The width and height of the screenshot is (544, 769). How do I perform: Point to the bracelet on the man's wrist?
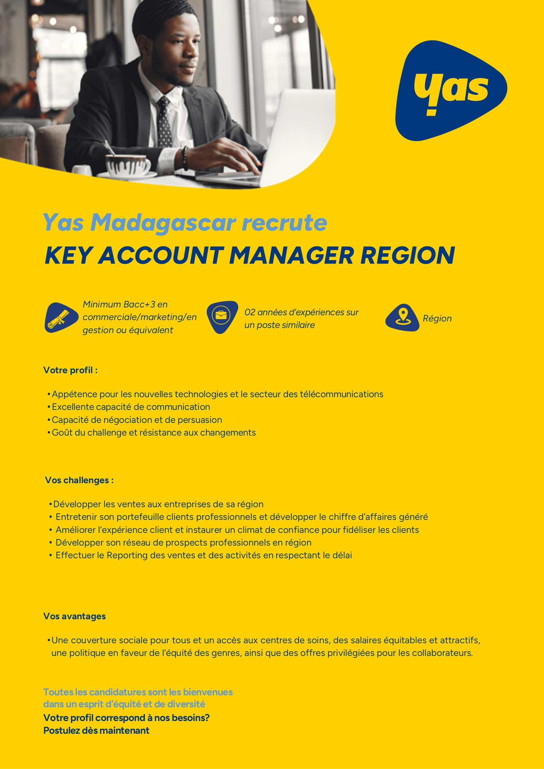[x=185, y=158]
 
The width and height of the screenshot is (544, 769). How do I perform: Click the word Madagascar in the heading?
[x=163, y=223]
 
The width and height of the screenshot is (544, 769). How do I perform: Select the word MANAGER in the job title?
[x=292, y=256]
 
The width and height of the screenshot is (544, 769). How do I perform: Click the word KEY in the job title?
[x=69, y=256]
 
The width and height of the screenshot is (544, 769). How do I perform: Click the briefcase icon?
[x=221, y=316]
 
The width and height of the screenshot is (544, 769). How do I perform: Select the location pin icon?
[x=403, y=317]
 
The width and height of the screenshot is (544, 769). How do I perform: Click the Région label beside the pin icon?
[x=437, y=318]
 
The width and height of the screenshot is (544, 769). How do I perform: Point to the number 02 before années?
[x=250, y=312]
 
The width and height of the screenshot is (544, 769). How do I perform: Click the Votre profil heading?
[x=70, y=370]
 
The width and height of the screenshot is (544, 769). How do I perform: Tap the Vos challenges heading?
[x=79, y=480]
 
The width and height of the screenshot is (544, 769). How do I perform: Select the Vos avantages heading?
[x=74, y=616]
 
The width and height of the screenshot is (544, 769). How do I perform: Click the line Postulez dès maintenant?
[x=96, y=731]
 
